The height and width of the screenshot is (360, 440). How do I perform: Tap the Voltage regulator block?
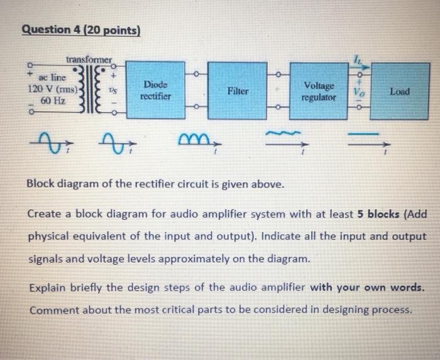[319, 92]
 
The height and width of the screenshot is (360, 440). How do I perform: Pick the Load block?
[399, 91]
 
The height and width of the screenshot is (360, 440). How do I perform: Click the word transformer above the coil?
[88, 60]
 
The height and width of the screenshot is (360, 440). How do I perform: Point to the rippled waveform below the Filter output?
[285, 134]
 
